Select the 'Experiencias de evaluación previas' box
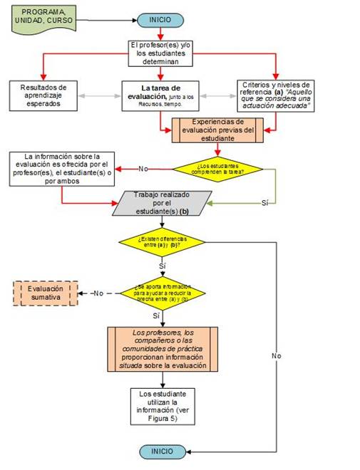click(217, 130)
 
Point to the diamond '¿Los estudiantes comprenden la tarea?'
click(217, 169)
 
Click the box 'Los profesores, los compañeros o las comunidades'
click(163, 349)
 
